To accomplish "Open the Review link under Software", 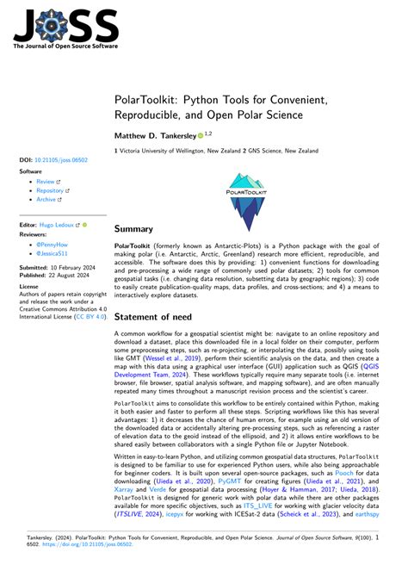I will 46,183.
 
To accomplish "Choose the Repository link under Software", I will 52,190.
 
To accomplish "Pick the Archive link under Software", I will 46,199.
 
